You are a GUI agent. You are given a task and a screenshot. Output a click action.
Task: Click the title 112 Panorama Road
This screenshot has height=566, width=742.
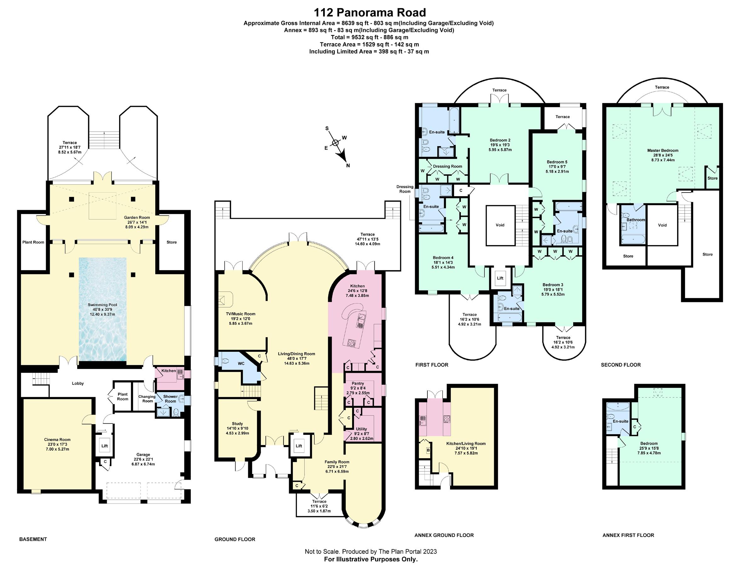[x=370, y=13]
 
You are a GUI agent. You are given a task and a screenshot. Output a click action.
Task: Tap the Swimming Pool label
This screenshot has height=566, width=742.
[x=102, y=305]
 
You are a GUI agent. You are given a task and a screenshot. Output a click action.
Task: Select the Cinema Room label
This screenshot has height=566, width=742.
[x=57, y=440]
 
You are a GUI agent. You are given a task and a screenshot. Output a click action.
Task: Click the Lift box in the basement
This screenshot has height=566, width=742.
[x=105, y=446]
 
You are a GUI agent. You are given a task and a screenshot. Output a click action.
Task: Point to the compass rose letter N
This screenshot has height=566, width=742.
[x=348, y=165]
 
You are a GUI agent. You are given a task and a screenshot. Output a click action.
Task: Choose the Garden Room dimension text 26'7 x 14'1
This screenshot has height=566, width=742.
[x=137, y=222]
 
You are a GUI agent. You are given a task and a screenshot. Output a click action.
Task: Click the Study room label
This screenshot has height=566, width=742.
[x=237, y=424]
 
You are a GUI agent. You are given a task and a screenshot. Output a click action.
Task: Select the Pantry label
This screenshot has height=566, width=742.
[x=358, y=384]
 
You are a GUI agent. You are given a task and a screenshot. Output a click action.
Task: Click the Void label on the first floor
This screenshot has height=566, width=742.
[x=500, y=225]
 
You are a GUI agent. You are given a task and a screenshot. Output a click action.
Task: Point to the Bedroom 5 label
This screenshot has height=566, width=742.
[x=557, y=162]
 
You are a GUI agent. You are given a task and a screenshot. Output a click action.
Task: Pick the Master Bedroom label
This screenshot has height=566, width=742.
[x=663, y=151]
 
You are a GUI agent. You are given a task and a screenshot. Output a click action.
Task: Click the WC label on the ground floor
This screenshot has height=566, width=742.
[x=241, y=364]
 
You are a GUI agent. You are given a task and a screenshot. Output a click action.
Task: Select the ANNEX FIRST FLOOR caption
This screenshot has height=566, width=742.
[x=628, y=535]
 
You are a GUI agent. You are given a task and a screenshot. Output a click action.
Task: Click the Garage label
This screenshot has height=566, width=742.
[x=143, y=454]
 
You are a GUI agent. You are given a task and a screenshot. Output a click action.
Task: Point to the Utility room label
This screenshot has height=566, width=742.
[x=362, y=429]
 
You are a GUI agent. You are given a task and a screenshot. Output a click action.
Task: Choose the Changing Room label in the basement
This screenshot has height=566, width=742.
[x=147, y=399]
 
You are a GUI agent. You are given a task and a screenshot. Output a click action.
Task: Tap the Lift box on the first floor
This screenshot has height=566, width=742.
[x=500, y=278]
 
